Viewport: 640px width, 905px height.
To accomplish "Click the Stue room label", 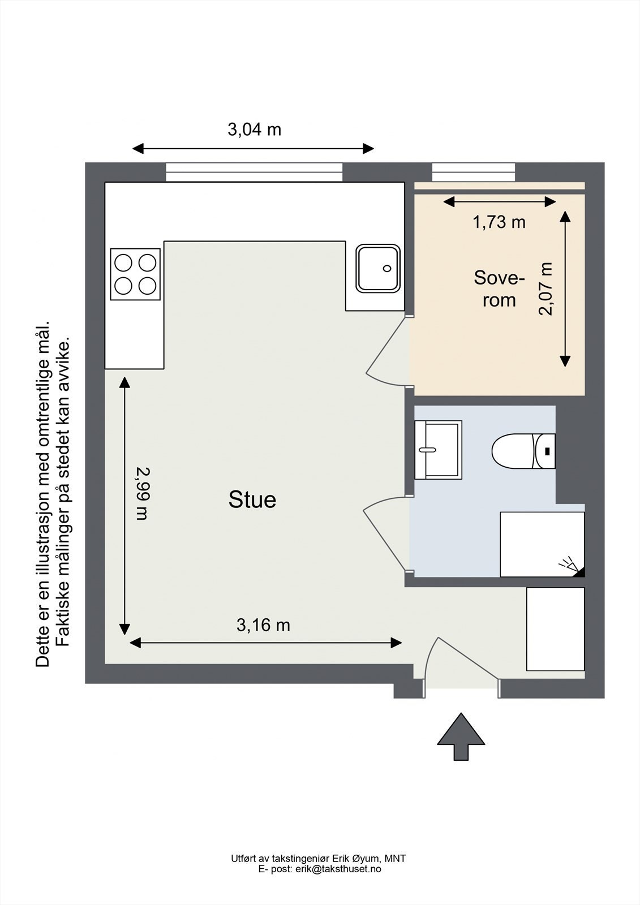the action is [252, 499].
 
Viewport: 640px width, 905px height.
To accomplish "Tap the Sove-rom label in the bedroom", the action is [499, 289].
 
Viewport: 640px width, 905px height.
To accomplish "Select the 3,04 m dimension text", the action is [254, 130].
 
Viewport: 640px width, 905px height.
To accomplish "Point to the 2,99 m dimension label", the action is [142, 494].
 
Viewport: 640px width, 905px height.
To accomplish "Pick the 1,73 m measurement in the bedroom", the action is [499, 222].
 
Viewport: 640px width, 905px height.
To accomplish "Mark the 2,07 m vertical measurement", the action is [546, 288].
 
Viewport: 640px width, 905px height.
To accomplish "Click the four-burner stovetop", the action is [135, 274].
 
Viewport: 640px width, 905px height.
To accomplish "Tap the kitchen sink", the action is [378, 268].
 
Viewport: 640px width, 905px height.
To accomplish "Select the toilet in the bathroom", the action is [523, 451].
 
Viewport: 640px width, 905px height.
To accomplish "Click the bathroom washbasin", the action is [438, 450].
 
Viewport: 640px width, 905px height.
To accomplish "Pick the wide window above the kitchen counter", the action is [254, 173].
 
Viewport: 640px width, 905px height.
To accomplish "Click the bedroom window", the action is [474, 173].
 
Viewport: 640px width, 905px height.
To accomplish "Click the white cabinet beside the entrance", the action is [556, 629].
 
